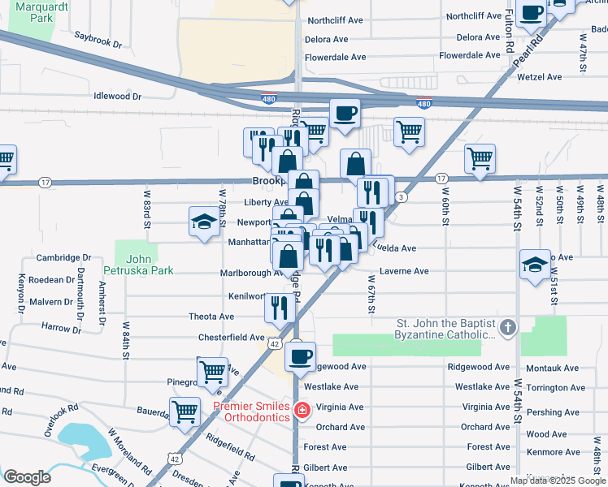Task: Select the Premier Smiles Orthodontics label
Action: click(x=251, y=412)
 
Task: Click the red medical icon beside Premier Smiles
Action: click(x=302, y=411)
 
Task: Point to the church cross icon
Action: click(x=508, y=328)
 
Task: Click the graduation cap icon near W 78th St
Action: click(x=202, y=221)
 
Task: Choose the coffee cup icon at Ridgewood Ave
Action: click(x=300, y=356)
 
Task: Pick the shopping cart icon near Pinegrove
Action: click(x=213, y=372)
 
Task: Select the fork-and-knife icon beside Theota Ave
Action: click(x=278, y=307)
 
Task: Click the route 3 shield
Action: click(x=402, y=197)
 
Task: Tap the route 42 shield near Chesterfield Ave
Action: click(x=276, y=345)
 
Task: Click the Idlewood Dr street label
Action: click(x=118, y=96)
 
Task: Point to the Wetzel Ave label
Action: click(x=542, y=77)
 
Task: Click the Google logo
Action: click(x=28, y=476)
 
